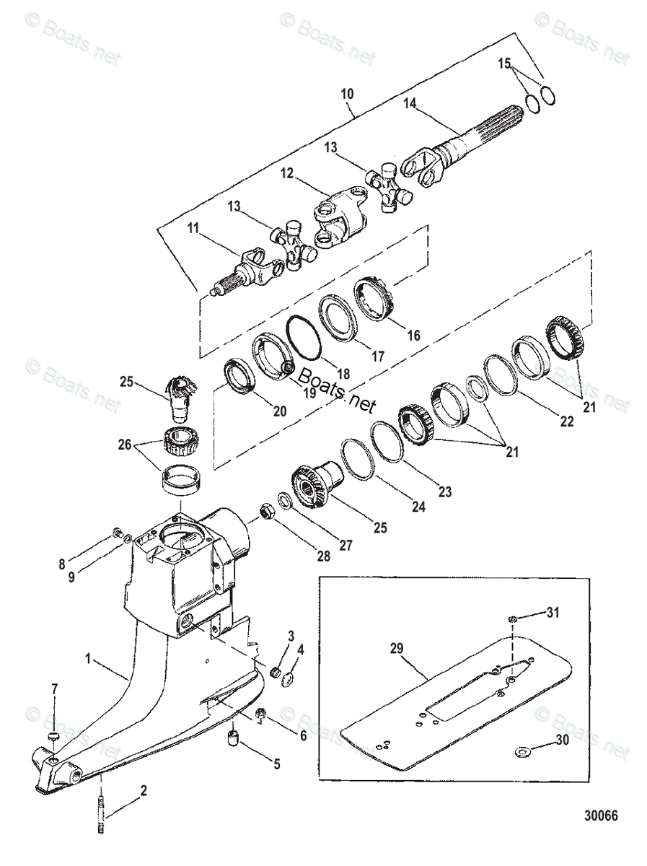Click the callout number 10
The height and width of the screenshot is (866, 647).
point(348,95)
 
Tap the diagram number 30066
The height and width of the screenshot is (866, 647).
point(601,815)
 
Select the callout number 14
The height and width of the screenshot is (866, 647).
point(410,103)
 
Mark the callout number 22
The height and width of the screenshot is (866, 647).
point(566,421)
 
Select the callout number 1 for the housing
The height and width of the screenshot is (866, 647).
point(88,658)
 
